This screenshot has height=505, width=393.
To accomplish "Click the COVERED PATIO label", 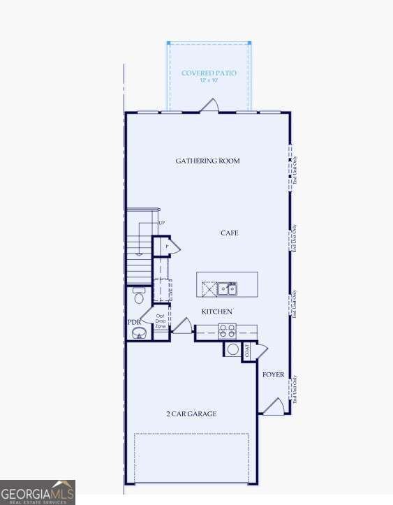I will tap(209, 73).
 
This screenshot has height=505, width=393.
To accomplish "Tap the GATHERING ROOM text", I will tap(207, 161).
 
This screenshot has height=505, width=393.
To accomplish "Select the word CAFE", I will tap(230, 233).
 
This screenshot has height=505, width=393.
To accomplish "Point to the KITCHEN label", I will tap(217, 312).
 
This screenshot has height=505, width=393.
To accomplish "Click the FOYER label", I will tap(273, 375).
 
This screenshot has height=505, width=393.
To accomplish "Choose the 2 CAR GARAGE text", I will tap(191, 414).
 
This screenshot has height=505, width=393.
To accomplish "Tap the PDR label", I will tap(134, 322).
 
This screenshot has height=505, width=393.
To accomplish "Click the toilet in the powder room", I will tap(138, 296).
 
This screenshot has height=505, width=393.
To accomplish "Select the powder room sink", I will tap(140, 333).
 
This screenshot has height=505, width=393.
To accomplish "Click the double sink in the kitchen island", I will tap(227, 288).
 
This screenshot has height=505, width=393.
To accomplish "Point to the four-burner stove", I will tap(228, 331).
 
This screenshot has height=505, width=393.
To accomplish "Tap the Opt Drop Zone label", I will tap(161, 321).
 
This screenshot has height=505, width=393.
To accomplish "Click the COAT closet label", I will tap(247, 351).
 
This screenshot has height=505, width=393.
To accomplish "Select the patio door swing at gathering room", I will tap(209, 105).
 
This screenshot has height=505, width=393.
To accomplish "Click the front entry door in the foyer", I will tap(274, 407).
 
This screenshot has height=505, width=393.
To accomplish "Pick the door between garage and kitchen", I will tap(182, 326).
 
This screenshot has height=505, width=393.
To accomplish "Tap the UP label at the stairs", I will tap(162, 223).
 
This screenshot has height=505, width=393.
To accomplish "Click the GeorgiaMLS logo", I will tap(38, 492).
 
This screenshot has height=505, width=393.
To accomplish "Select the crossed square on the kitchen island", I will tap(209, 288).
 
